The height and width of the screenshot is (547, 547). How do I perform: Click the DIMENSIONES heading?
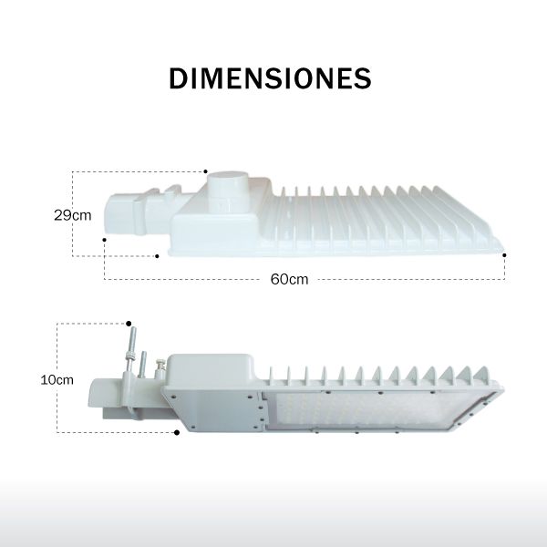pyautogui.click(x=270, y=78)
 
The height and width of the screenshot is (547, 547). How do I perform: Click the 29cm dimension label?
pyautogui.click(x=73, y=215)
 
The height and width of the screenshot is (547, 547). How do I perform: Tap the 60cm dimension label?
pyautogui.click(x=289, y=280)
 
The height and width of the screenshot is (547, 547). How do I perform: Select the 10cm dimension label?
pyautogui.click(x=57, y=379)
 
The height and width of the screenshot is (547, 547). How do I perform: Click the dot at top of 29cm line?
pyautogui.click(x=205, y=171)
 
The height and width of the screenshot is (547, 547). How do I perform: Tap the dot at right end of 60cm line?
pyautogui.click(x=504, y=255)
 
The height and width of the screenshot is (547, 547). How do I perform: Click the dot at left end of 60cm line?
pyautogui.click(x=104, y=240)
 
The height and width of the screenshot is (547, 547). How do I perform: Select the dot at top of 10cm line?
pyautogui.click(x=129, y=324)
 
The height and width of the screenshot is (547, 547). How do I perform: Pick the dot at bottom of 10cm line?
pyautogui.click(x=177, y=432)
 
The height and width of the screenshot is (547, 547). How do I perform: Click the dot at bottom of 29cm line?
pyautogui.click(x=157, y=256)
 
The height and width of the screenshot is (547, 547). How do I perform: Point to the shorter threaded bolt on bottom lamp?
pyautogui.click(x=142, y=365)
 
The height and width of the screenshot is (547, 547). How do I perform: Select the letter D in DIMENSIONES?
pyautogui.click(x=179, y=78)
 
